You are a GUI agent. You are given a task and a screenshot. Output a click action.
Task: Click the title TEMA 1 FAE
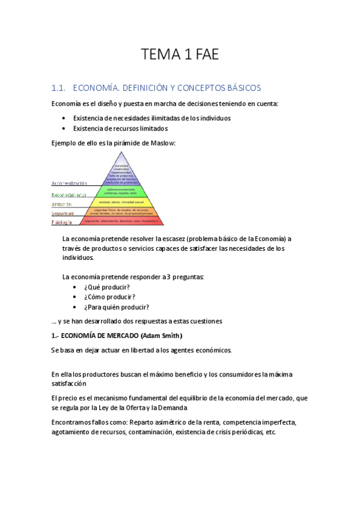180,56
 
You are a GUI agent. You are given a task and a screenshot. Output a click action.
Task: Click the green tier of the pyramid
126,191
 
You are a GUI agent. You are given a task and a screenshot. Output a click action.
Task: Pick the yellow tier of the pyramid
126,203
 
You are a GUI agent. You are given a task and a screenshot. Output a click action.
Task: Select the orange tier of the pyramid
126,212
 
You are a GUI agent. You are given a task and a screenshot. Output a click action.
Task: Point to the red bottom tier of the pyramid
126,221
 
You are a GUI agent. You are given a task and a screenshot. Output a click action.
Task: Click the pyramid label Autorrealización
69,183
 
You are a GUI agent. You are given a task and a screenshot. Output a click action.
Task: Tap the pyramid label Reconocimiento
69,195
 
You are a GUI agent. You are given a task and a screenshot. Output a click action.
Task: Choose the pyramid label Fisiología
61,223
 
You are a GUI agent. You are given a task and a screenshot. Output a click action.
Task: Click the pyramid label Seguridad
63,214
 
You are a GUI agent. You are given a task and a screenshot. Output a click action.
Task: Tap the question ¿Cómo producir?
109,297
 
